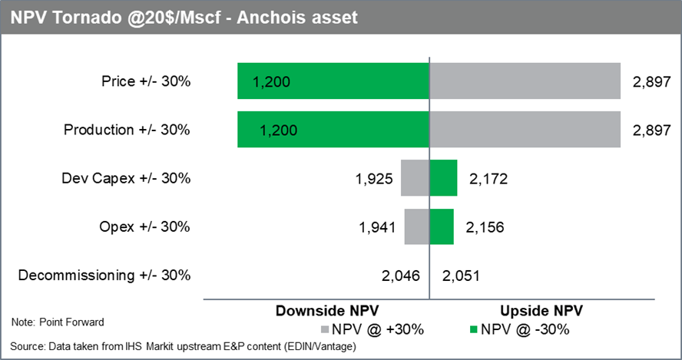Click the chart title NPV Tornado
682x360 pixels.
[x=184, y=16]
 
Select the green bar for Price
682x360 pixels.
[x=333, y=81]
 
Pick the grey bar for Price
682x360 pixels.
[x=525, y=81]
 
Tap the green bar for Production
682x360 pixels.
[x=333, y=130]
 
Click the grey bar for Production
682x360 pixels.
[x=525, y=130]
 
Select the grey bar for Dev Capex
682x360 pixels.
[x=415, y=178]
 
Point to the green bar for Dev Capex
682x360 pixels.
[x=443, y=178]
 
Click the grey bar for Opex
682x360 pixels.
[x=417, y=226]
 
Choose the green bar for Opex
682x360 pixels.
[x=442, y=226]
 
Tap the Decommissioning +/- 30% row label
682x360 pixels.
[x=104, y=275]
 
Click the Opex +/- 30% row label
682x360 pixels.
[x=144, y=226]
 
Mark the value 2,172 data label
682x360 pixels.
[x=488, y=179]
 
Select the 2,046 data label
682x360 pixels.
[x=401, y=276]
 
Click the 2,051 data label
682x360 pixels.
[x=460, y=276]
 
